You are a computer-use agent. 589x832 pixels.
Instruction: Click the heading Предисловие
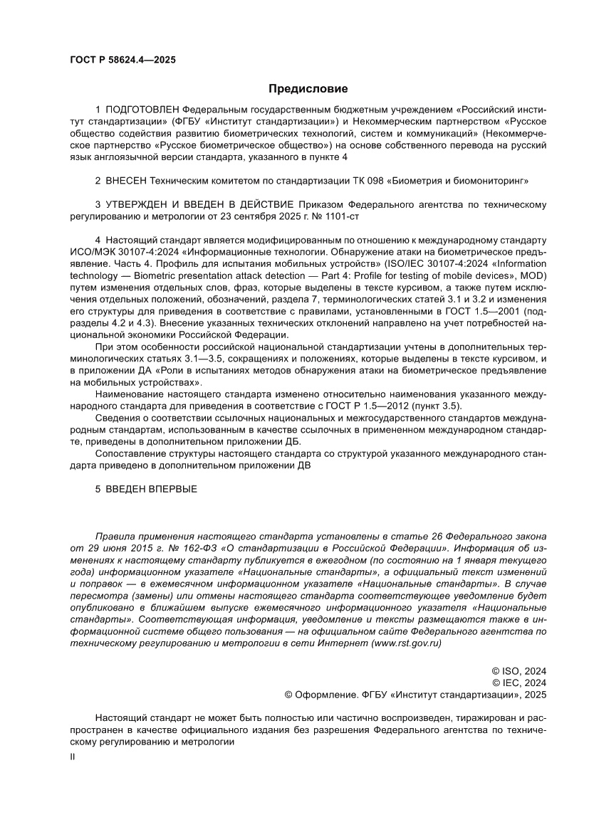pos(308,89)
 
